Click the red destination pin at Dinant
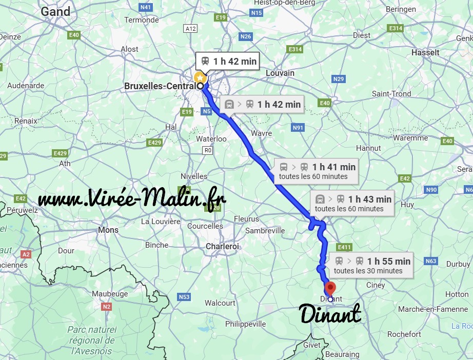click(x=330, y=288)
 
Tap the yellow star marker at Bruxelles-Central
click(x=200, y=77)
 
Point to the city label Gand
click(x=55, y=11)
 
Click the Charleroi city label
click(x=223, y=247)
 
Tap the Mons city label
click(x=108, y=230)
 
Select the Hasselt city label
click(x=425, y=52)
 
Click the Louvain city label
click(x=280, y=73)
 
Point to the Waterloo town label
click(x=211, y=139)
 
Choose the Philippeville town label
click(x=246, y=324)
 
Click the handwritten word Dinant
click(x=330, y=314)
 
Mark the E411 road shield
click(x=345, y=247)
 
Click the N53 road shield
click(x=184, y=297)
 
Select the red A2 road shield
click(x=26, y=254)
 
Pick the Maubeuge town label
click(x=110, y=294)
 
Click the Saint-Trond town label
click(x=391, y=94)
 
